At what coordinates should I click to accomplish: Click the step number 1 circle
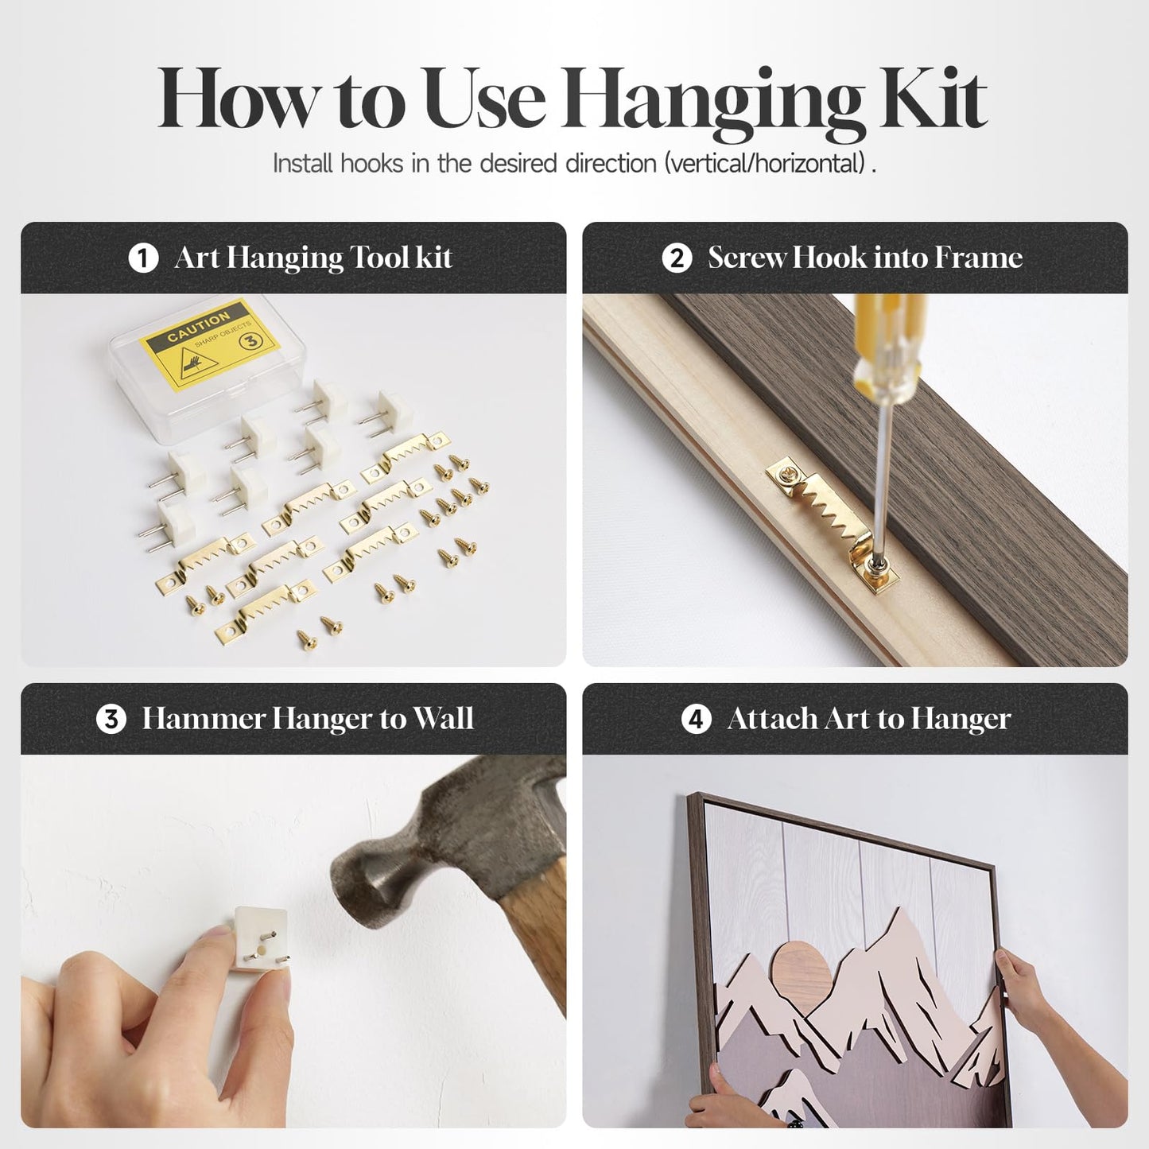pyautogui.click(x=143, y=258)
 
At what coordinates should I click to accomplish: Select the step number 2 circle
pyautogui.click(x=677, y=258)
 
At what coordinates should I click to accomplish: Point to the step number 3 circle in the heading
pyautogui.click(x=111, y=719)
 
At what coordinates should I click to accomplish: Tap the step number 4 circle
pyautogui.click(x=697, y=719)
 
